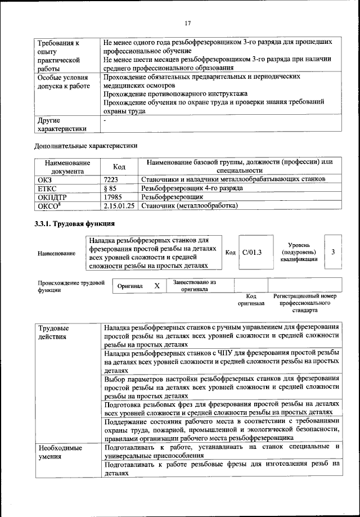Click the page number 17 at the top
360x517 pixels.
(x=188, y=23)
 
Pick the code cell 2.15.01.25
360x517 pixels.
(x=120, y=206)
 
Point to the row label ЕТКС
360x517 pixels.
(x=47, y=188)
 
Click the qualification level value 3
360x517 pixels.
(x=333, y=252)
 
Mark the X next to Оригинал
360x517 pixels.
(x=157, y=286)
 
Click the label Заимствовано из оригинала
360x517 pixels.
(x=194, y=286)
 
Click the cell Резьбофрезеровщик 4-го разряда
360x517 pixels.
(x=192, y=188)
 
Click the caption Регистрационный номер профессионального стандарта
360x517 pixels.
(x=304, y=303)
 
